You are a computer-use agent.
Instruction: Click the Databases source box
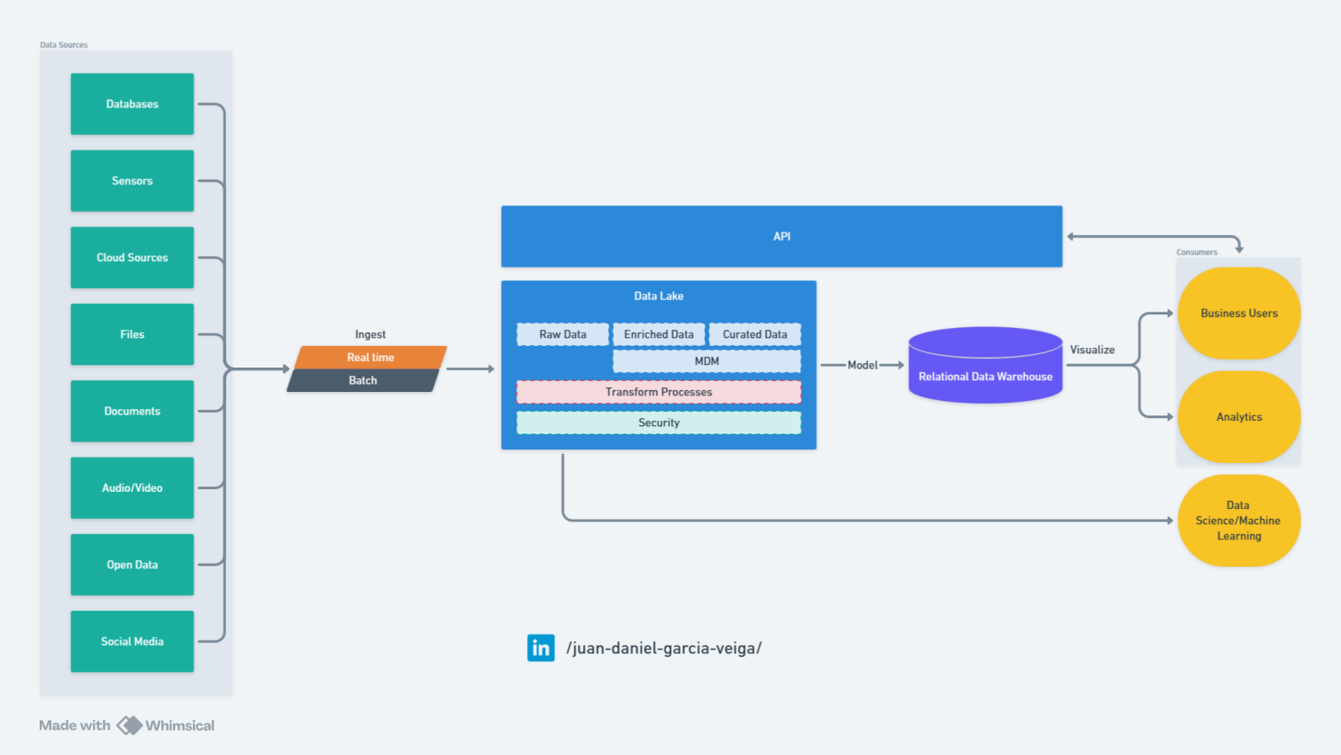coord(132,105)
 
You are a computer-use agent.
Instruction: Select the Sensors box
coord(132,181)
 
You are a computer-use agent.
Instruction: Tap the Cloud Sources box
coord(132,258)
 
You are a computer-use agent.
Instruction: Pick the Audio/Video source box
coord(132,487)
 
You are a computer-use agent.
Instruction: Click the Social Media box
coord(132,641)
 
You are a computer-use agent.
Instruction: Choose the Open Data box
coord(132,565)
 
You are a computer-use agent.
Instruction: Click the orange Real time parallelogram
coord(370,357)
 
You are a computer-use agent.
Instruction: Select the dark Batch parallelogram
coord(363,380)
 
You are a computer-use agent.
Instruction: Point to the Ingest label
coord(370,334)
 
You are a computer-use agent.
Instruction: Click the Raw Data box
coord(562,334)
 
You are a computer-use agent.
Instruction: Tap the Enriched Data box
coord(659,334)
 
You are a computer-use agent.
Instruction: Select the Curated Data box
coord(755,334)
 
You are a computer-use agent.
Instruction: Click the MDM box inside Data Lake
coord(707,361)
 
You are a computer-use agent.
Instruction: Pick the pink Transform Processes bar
coord(659,392)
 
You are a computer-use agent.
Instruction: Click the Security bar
coord(659,423)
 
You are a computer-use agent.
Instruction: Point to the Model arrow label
coord(862,365)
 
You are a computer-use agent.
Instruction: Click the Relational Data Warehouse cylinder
coord(985,365)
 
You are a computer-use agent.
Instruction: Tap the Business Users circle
coord(1239,314)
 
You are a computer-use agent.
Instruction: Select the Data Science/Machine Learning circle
coord(1239,521)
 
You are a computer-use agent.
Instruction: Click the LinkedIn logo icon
coord(541,648)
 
